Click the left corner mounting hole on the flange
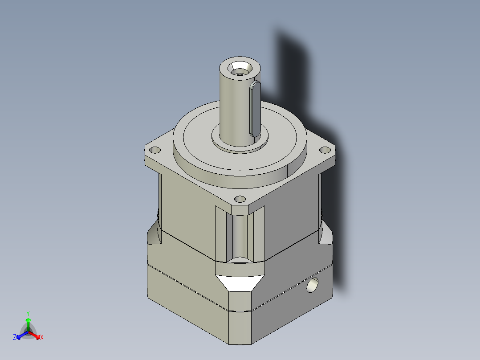pyautogui.click(x=156, y=150)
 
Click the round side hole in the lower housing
pyautogui.click(x=313, y=285)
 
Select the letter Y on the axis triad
pyautogui.click(x=28, y=313)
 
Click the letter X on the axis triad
pyautogui.click(x=42, y=338)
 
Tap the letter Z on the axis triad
pyautogui.click(x=15, y=338)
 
